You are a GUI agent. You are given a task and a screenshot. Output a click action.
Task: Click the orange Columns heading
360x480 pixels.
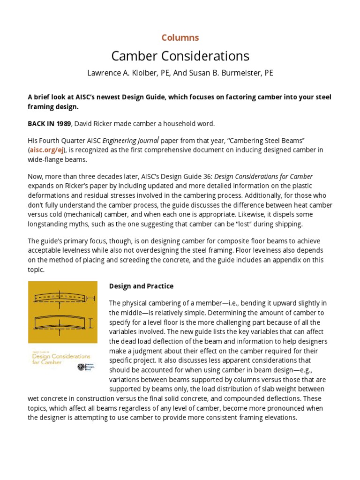click(180, 37)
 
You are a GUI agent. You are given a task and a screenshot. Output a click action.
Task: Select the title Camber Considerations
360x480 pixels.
click(180, 56)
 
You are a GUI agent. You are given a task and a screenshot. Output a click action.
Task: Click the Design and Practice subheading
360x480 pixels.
click(141, 286)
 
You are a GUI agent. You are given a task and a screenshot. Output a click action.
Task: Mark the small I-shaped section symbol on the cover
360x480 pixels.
click(90, 323)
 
